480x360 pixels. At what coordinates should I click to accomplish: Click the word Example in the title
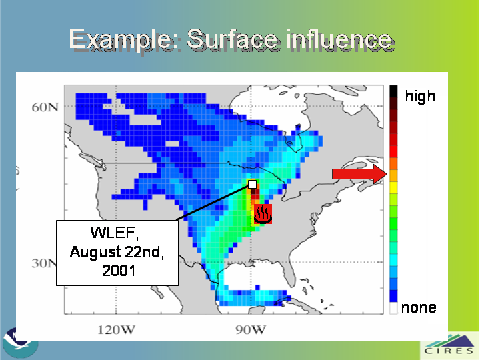(x=119, y=40)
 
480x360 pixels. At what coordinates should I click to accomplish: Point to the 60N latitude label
(x=45, y=107)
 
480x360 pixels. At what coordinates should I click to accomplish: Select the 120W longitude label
(x=116, y=330)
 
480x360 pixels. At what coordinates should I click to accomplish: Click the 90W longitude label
(x=251, y=330)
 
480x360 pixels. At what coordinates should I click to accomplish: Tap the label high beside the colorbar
(x=420, y=96)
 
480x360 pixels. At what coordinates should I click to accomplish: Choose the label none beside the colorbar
(x=419, y=307)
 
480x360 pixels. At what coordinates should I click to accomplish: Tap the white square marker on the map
(x=252, y=184)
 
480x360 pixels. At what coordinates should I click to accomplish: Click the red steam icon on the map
(x=263, y=214)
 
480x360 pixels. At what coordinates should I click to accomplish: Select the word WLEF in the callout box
(x=114, y=233)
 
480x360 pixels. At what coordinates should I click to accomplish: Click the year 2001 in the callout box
(x=119, y=271)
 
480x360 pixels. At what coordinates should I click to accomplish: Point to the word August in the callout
(x=95, y=253)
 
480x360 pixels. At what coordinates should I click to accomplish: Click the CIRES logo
(x=449, y=346)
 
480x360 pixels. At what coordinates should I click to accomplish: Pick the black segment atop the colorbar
(x=393, y=91)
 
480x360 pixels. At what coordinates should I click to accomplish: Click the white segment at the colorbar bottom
(x=393, y=308)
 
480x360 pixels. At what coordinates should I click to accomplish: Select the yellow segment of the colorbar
(x=393, y=187)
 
